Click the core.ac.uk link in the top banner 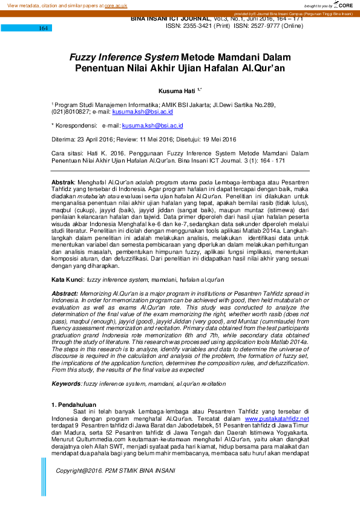coord(116,5)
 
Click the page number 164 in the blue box coord(44,28)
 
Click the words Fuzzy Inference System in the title coord(124,57)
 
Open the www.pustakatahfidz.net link coord(276,418)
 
